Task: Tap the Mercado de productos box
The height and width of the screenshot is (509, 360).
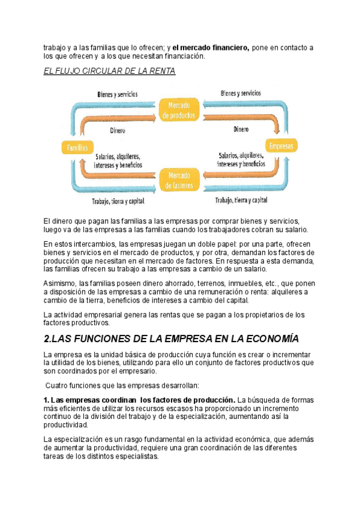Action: click(179, 110)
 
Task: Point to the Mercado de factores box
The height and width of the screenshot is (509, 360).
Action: click(178, 180)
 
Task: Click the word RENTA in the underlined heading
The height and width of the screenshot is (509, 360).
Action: click(161, 71)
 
